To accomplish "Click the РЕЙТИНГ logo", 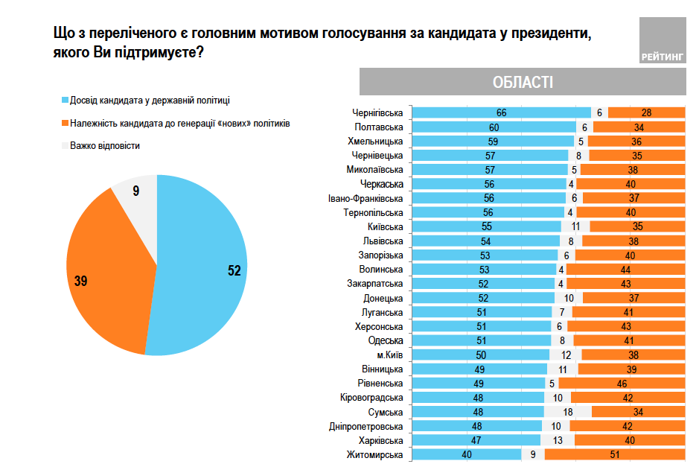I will (662, 42).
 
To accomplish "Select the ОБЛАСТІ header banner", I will (523, 82).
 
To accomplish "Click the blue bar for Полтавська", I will (494, 127).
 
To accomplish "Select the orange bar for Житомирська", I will (615, 455).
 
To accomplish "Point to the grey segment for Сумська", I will (567, 412).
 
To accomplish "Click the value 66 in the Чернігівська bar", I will (501, 113).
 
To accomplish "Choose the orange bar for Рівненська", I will (622, 384).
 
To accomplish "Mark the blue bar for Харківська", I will (476, 441).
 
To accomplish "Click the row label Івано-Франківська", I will (366, 199).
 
